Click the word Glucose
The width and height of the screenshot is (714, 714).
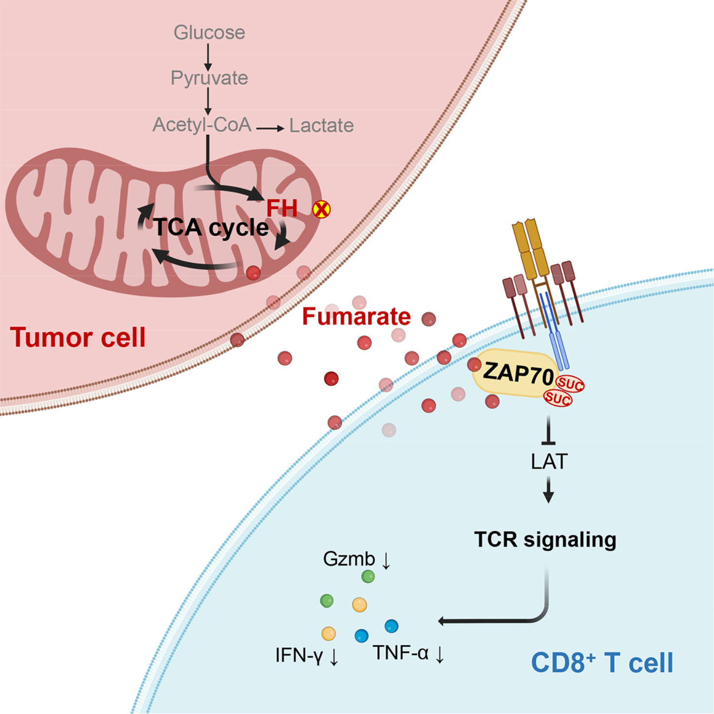[x=209, y=33]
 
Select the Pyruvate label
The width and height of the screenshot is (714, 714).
[x=209, y=78]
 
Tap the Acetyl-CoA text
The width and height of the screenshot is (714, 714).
[x=202, y=125]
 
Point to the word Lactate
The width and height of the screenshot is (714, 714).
[x=322, y=126]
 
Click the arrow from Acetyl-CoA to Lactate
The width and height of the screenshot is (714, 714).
[x=271, y=129]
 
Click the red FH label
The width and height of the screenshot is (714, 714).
[x=282, y=208]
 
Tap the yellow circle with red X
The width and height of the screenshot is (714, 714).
[x=321, y=209]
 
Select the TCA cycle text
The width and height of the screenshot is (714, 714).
[x=211, y=227]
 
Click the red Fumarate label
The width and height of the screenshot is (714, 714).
[x=357, y=317]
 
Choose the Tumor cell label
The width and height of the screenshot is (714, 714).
[x=78, y=338]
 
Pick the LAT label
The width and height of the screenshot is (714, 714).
[x=549, y=462]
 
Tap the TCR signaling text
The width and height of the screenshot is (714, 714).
[x=545, y=540]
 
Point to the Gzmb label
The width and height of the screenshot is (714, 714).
[x=349, y=559]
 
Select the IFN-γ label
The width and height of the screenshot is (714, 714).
[x=299, y=656]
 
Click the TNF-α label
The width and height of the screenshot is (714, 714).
[x=401, y=653]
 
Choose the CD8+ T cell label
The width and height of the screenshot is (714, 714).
[x=602, y=663]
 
